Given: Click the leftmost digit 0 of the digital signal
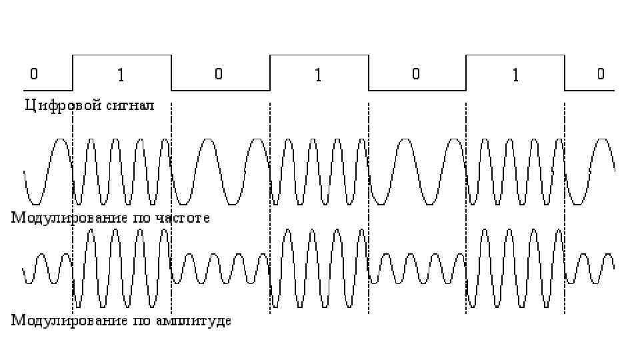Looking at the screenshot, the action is point(34,74).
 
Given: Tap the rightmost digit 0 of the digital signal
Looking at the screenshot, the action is point(601,74).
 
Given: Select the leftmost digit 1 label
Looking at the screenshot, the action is point(121,75).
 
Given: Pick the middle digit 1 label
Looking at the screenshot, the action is point(317,75).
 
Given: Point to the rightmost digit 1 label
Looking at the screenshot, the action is point(514,75).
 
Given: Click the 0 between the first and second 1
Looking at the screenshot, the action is point(219,74).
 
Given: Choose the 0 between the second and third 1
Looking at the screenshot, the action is point(415,74).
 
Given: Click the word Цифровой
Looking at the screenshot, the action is point(55,105).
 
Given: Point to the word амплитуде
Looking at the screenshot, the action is point(194,321).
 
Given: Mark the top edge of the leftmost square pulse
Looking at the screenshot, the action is point(121,56).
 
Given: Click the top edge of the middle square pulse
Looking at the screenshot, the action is point(319,56).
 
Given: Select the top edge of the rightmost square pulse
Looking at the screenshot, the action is point(515,56).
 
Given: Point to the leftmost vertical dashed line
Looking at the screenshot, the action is point(73,200).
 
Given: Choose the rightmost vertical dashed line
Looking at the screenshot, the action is point(565,200).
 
